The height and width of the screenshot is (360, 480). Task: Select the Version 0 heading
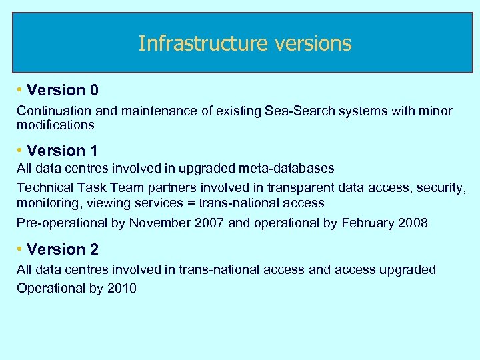tap(63, 90)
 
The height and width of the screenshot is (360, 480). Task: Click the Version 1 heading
tap(63, 151)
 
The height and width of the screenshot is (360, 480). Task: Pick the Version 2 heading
tap(63, 249)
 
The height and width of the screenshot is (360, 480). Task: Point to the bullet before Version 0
tap(21, 90)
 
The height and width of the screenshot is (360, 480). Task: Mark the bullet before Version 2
tap(21, 249)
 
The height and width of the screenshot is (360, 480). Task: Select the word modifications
tap(55, 125)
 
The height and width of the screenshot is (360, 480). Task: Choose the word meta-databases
tap(290, 169)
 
